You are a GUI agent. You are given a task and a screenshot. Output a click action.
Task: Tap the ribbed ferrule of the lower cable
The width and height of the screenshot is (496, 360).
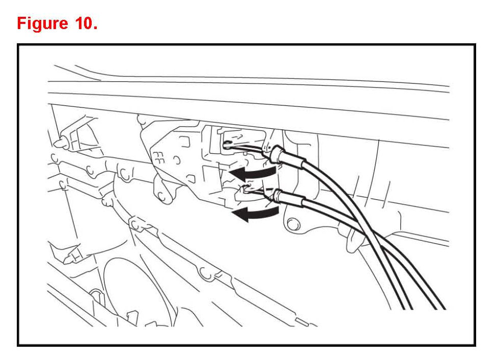(278, 195)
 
